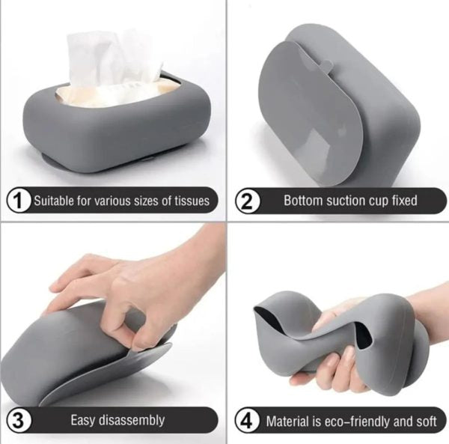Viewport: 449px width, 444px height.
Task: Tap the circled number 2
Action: (247, 200)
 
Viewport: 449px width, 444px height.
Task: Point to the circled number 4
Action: (247, 420)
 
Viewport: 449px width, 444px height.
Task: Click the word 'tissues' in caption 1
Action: (190, 201)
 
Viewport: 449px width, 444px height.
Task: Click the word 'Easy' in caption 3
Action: (84, 420)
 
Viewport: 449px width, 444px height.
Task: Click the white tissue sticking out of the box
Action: (112, 60)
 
